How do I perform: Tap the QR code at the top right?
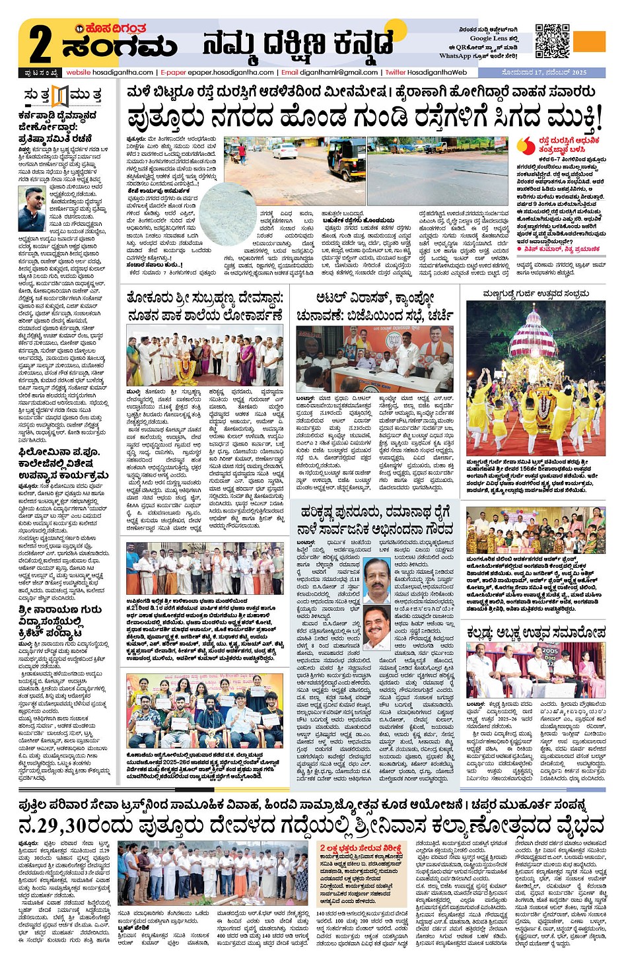pos(552,41)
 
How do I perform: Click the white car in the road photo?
pos(285,151)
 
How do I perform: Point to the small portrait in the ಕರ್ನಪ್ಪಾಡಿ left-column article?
pos(31,209)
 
